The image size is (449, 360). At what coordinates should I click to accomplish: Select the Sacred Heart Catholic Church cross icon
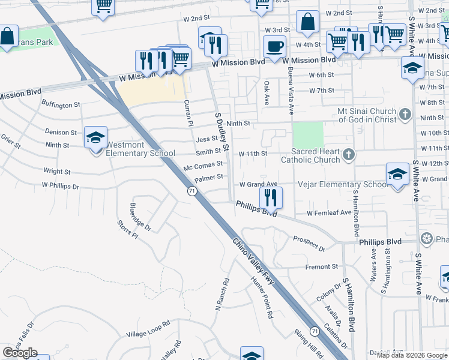click(x=349, y=155)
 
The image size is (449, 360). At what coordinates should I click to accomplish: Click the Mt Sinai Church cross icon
click(x=405, y=114)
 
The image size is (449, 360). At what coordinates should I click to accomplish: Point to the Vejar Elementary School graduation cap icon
click(x=397, y=175)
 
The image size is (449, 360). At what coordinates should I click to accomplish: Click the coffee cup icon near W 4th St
click(x=275, y=46)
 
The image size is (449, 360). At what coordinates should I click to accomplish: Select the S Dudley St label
click(x=222, y=130)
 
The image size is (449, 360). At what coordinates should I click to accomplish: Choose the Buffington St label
click(x=60, y=105)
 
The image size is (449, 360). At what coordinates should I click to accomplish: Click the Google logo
click(x=20, y=353)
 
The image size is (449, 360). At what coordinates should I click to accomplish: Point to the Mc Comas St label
click(x=203, y=164)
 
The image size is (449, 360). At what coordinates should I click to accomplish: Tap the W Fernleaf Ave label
click(x=329, y=213)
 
